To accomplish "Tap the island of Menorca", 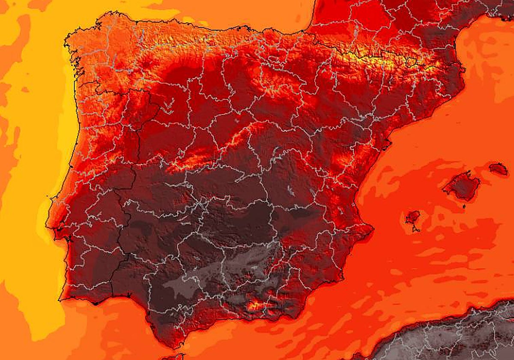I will coord(499,169).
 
